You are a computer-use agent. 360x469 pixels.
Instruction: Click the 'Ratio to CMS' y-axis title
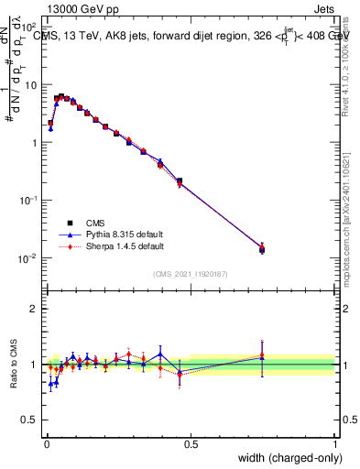[x=14, y=364]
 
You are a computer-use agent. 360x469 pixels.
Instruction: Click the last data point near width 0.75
[x=262, y=247]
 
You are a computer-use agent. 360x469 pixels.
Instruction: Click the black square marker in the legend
[x=71, y=222]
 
